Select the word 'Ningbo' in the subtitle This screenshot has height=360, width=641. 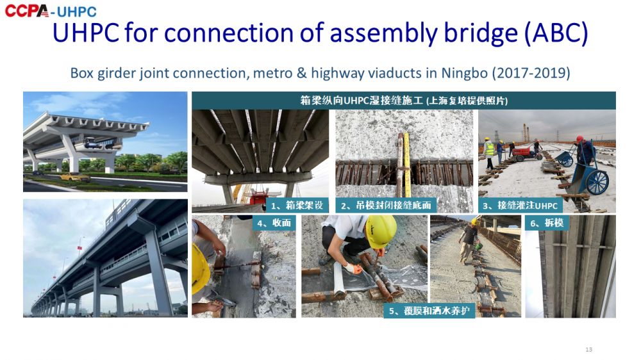[464, 73]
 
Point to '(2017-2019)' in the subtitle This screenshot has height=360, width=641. [531, 73]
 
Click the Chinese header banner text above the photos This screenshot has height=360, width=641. [404, 101]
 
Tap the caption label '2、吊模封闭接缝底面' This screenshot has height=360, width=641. [386, 205]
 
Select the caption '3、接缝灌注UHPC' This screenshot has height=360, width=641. [520, 206]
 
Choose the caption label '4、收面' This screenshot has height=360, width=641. [274, 223]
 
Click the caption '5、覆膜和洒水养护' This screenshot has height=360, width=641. [429, 311]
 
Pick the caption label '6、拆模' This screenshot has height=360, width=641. [547, 223]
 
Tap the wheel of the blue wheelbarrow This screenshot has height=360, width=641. [597, 182]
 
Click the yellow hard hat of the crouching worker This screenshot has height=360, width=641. [381, 231]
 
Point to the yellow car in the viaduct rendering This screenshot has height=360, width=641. [75, 177]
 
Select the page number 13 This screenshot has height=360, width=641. [588, 349]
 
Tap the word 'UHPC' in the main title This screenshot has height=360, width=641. [86, 33]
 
